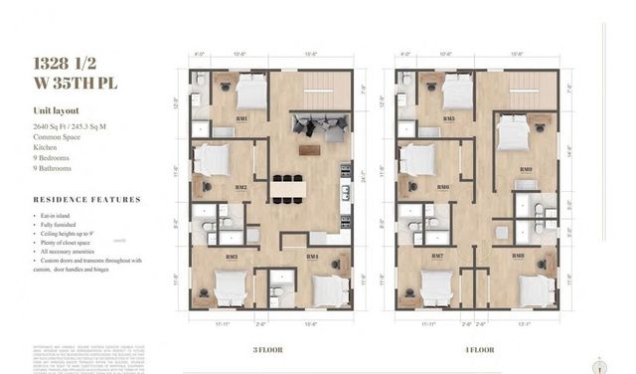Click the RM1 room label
pos(241,118)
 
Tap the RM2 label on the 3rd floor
pos(241,186)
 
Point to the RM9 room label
pos(526,169)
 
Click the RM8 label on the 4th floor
pos(518,256)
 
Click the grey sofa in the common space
pos(317,126)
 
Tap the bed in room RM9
pos(513,133)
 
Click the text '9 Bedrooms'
pos(49,157)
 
